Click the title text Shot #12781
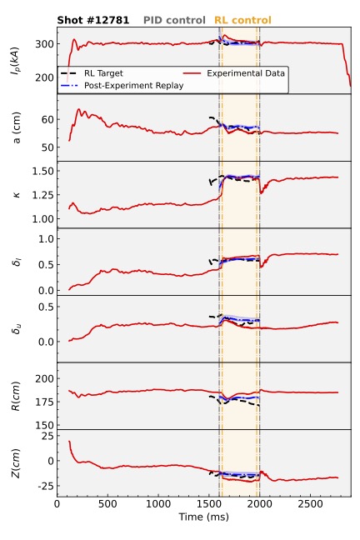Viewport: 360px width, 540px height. coord(93,20)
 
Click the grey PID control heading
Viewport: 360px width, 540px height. coord(174,20)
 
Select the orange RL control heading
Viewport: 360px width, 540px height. coord(242,20)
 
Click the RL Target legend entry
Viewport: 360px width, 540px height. coord(92,73)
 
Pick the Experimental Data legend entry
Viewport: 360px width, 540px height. coord(234,73)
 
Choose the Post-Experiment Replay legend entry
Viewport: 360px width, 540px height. coord(122,85)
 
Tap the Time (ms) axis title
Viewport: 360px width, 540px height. coord(203,517)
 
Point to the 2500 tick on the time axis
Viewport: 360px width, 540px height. coord(310,504)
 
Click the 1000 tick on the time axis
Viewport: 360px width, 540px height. coord(158,504)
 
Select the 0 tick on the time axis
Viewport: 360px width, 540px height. coord(57,504)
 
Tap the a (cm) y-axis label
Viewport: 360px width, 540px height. coord(16,127)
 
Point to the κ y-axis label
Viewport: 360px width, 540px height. coord(17,195)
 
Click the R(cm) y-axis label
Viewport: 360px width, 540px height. coord(15,397)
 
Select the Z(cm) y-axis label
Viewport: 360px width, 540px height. coord(15,463)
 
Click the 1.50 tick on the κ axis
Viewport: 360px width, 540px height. coord(42,171)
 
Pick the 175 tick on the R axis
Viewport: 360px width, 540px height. coord(44,402)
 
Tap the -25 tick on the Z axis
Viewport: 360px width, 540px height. coord(46,486)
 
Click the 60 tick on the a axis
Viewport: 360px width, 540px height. coord(47,119)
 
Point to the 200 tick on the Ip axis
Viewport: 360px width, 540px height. coord(44,77)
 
